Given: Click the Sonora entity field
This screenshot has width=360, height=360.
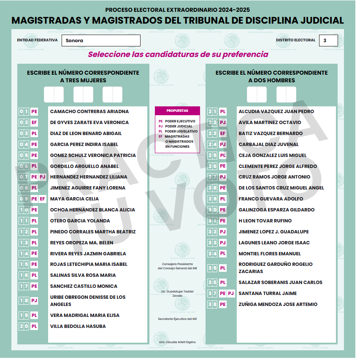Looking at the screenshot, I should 101,41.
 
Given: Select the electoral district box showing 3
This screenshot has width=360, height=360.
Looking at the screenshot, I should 328,41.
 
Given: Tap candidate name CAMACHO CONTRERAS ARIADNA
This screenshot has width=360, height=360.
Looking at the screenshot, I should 89,111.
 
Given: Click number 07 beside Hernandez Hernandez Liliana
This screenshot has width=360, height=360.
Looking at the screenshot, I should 24,177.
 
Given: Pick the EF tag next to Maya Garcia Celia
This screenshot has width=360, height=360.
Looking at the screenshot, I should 42,199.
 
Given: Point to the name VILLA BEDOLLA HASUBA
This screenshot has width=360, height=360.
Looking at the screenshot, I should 78,326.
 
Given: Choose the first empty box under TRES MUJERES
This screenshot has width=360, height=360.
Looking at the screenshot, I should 54,95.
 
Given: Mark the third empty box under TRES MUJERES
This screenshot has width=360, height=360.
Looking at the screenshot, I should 112,95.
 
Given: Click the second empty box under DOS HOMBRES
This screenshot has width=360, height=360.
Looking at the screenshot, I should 286,95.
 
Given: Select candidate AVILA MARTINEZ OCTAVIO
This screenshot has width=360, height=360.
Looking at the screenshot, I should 270,122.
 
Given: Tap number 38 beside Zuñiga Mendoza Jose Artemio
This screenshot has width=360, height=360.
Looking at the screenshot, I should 212,304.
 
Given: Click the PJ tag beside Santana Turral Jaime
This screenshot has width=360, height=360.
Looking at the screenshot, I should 231,293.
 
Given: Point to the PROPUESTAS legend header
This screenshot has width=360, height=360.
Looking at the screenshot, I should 177,111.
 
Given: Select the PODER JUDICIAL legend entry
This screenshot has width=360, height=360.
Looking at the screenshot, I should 178,126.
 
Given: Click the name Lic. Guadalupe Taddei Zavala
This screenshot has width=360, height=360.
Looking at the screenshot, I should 177,293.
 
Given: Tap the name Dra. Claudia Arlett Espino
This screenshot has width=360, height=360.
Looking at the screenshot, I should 177,342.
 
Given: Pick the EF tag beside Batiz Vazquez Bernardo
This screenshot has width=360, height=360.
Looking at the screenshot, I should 223,133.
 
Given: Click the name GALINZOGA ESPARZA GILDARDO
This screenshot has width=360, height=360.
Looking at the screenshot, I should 276,210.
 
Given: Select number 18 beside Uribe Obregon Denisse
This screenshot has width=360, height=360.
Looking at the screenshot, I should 24,300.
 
